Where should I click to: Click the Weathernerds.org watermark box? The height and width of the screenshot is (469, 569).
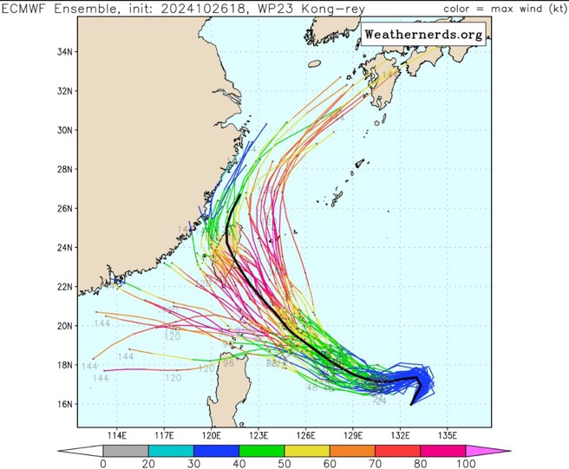422,35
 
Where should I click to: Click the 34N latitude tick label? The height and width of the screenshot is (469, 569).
64,52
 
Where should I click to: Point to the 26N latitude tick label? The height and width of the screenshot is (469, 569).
64,208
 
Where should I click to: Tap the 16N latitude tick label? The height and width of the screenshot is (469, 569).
64,404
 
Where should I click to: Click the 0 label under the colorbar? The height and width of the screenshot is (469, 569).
103,464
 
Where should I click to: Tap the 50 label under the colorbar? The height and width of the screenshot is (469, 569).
284,464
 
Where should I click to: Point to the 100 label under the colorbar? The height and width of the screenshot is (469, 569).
466,464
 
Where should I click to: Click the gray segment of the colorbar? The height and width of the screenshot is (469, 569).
126,451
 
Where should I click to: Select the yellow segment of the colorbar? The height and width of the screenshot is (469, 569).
307,451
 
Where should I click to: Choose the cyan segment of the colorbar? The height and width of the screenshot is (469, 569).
171,451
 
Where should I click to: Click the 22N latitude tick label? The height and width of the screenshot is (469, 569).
64,286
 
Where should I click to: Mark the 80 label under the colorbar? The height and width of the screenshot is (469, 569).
421,464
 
